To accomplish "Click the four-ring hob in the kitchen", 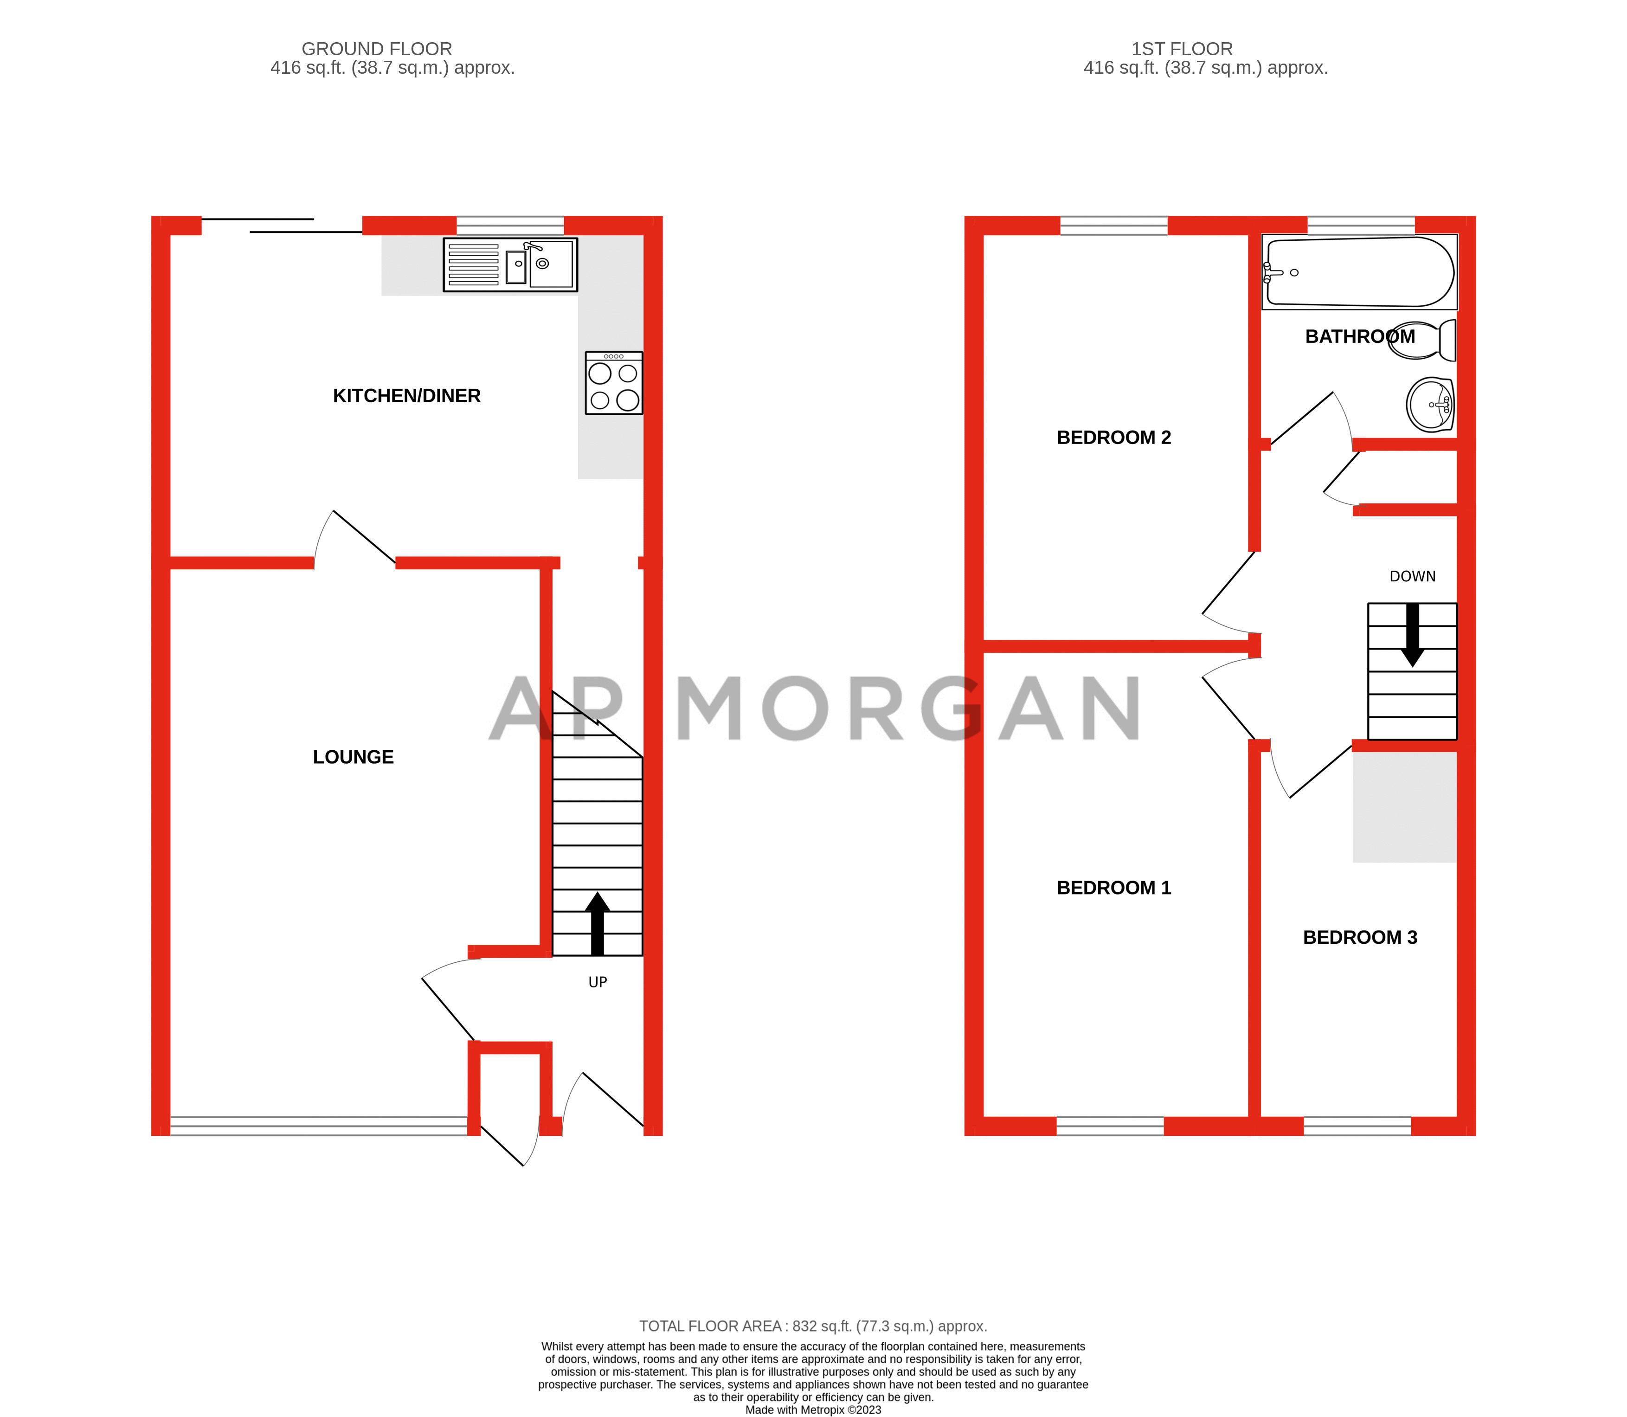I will (613, 384).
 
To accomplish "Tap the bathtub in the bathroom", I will (1359, 272).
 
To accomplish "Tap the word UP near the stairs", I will (598, 982).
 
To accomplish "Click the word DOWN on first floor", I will (1412, 576).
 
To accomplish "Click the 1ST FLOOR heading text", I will (1182, 49).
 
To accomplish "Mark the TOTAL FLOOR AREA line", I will (813, 1326).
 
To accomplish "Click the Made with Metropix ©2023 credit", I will (813, 1410).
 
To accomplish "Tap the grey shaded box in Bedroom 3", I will (1404, 806).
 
